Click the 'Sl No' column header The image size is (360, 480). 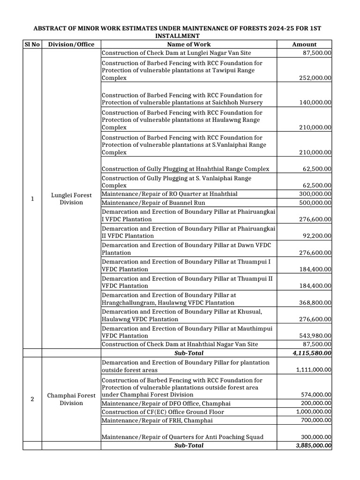pos(32,45)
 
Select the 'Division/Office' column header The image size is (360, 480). pos(71,45)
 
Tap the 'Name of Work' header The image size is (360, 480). pos(188,45)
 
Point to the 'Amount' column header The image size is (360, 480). pos(304,45)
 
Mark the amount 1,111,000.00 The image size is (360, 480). pos(314,370)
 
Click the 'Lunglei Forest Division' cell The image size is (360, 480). pos(71,199)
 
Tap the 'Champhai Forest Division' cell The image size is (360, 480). pos(71,399)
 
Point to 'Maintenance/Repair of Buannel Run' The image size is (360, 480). pos(154,203)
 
